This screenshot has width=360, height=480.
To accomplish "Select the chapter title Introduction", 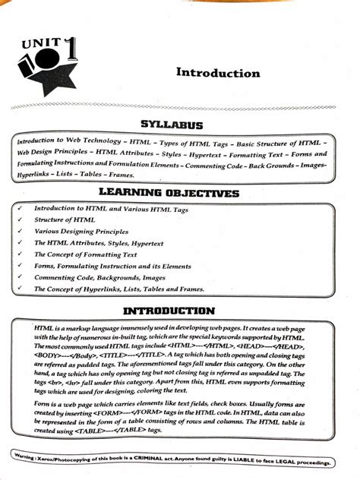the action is [x=218, y=73].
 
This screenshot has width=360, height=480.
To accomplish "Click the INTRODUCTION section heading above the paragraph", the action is [x=178, y=311].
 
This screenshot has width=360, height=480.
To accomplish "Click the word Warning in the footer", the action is [x=26, y=456].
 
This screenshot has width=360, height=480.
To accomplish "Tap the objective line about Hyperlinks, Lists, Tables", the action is [x=114, y=289].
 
